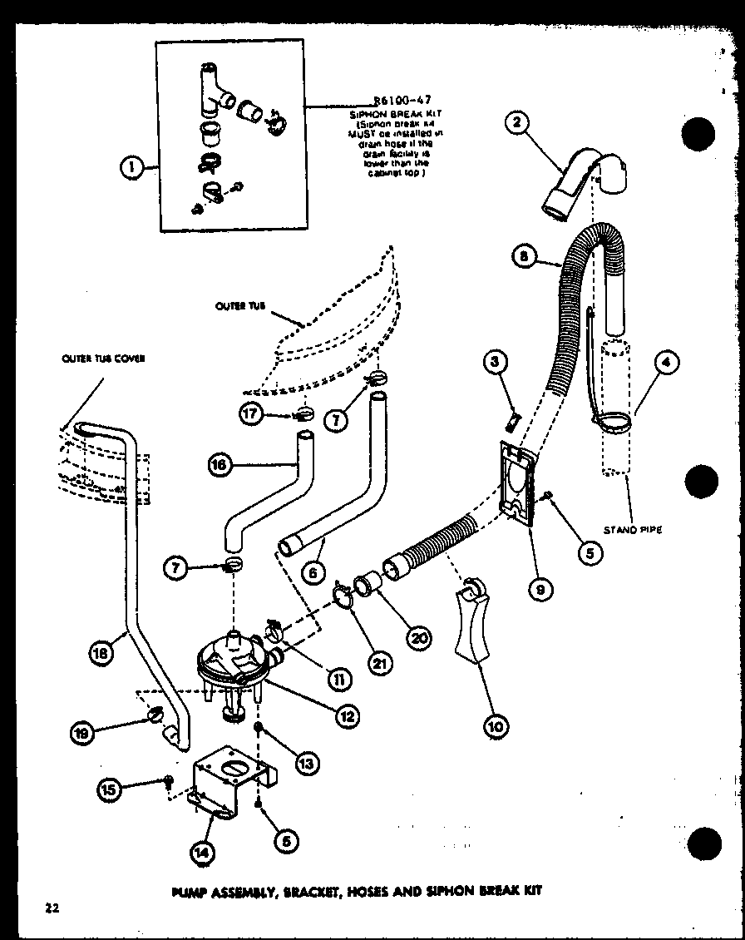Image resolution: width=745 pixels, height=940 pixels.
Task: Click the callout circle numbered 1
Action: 131,169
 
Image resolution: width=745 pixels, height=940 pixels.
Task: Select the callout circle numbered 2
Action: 516,123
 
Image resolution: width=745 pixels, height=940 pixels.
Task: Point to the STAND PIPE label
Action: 633,529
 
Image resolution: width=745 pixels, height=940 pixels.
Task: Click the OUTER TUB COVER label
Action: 103,359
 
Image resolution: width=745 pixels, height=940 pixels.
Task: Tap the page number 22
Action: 52,908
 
